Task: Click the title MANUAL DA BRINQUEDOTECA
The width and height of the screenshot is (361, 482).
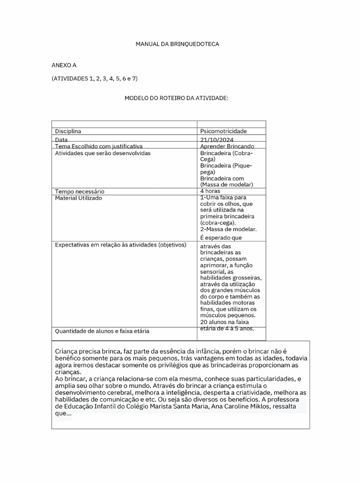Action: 177,44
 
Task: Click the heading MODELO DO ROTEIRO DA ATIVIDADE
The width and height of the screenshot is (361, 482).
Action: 176,98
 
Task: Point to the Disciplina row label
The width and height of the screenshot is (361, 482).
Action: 68,131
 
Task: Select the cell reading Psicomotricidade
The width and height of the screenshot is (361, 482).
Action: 223,131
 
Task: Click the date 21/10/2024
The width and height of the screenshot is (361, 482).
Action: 217,140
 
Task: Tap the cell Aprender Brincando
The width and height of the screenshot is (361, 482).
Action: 227,147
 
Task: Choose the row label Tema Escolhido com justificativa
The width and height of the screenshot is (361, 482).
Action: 99,147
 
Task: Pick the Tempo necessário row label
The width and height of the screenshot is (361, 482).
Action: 79,192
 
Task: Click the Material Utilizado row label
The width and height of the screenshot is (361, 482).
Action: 78,198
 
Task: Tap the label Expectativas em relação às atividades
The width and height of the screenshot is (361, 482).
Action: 121,245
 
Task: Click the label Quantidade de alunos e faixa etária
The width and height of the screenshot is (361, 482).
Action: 102,331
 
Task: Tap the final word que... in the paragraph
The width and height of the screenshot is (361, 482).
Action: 63,414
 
